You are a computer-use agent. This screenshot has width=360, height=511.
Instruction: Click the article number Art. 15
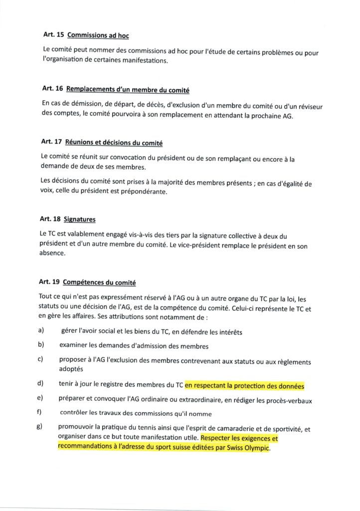click(52, 36)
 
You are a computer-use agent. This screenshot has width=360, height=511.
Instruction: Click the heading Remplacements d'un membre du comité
click(127, 89)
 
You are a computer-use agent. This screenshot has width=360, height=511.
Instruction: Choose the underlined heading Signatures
click(81, 219)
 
